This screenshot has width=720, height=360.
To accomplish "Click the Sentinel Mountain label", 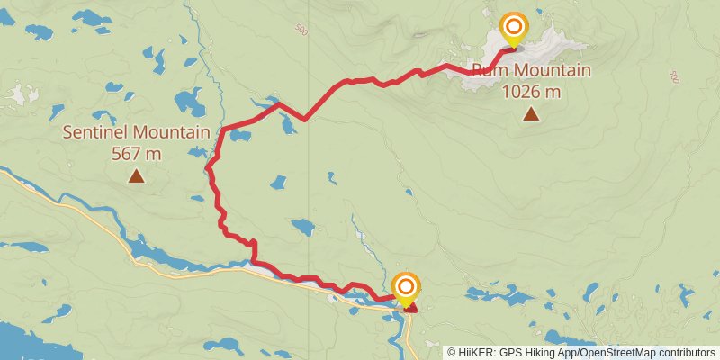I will point(136,133).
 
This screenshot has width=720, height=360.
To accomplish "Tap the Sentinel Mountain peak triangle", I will point(136,176).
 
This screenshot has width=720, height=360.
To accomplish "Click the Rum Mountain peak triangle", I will point(532,113).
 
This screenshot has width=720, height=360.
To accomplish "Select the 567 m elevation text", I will point(136,154).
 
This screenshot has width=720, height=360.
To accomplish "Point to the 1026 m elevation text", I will point(531,91).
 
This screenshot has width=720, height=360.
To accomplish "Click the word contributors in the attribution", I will point(683,353).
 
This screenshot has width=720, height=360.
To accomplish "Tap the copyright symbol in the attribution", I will point(452,353).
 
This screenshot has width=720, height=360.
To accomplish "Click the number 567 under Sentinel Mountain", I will point(126,154).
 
